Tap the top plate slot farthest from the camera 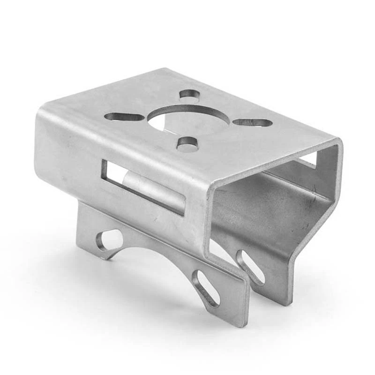click(189, 94)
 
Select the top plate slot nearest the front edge click(187, 144)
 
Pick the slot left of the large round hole click(124, 117)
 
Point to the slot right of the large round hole click(253, 122)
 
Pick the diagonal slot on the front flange click(206, 288)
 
